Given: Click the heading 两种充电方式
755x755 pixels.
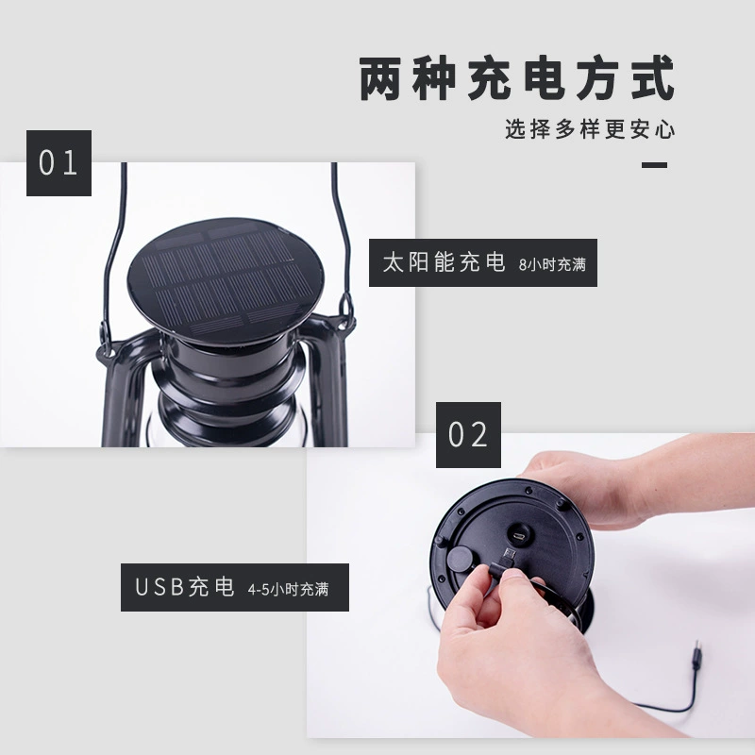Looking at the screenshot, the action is (516, 78).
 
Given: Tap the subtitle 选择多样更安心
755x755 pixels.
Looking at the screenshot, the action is (590, 129).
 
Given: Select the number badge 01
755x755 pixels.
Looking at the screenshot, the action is (59, 162).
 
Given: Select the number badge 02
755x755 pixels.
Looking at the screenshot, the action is (468, 434).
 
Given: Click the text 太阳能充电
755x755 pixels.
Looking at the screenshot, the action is (444, 262).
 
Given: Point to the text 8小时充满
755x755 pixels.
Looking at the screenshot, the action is (552, 264).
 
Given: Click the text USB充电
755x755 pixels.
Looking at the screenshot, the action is (184, 587).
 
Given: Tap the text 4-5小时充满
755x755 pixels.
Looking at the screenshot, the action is (288, 589).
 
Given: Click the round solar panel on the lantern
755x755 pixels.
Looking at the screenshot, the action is (226, 279).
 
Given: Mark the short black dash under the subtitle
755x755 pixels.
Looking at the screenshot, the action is (654, 165).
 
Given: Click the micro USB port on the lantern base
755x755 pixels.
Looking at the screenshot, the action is (518, 535).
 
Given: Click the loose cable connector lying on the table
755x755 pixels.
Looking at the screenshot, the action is (696, 653).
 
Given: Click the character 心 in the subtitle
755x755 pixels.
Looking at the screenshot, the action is (665, 129).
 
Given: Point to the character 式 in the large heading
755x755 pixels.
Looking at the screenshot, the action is (653, 78).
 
